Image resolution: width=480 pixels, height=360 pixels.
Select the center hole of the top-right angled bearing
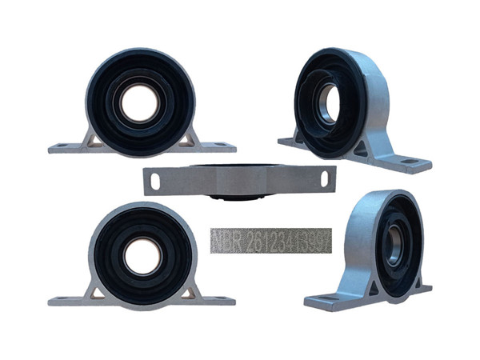coord(326,102)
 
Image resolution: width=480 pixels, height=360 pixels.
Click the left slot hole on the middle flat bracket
coord(155,182)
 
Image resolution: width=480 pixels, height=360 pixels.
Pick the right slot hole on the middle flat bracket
coord(324,181)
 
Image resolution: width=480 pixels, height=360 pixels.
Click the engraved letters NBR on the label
coord(226,241)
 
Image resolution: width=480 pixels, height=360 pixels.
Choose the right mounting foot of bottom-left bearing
coord(219,300)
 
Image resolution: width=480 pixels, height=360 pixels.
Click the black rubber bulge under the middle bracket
coord(240,193)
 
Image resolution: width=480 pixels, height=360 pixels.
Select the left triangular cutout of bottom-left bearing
coord(96,294)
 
